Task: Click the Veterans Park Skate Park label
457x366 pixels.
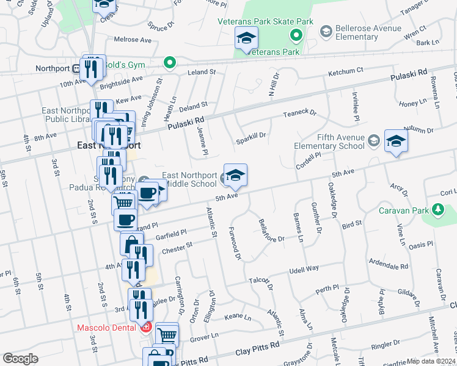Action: [x=266, y=22]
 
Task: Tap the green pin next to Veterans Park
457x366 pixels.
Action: [x=297, y=35]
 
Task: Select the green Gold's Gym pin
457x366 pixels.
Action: [x=169, y=62]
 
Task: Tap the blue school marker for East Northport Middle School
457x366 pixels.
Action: [x=235, y=176]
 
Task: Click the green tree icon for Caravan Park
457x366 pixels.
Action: [x=437, y=210]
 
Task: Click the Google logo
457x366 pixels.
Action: [x=20, y=358]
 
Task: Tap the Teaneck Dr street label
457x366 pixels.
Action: [x=299, y=113]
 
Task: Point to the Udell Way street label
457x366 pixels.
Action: [x=304, y=268]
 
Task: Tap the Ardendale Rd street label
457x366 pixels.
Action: [x=388, y=267]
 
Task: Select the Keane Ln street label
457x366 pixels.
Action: [x=238, y=317]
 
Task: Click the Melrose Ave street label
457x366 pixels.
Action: [x=133, y=40]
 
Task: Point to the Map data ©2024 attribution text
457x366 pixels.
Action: [x=431, y=361]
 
